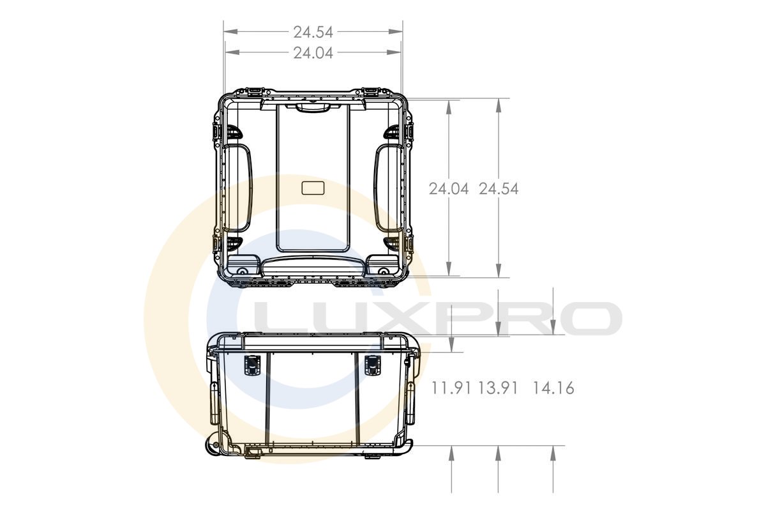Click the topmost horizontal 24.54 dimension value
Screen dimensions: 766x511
313,32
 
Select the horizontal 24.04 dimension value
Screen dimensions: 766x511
313,53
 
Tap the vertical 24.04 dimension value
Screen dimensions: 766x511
448,189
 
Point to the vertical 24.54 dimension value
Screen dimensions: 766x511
499,189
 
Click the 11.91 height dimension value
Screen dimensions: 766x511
451,388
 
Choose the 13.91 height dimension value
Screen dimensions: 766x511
497,388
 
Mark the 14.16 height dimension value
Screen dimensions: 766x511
553,388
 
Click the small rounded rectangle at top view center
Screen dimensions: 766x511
313,188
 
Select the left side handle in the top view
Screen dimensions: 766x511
237,188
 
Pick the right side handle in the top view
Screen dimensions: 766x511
389,188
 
